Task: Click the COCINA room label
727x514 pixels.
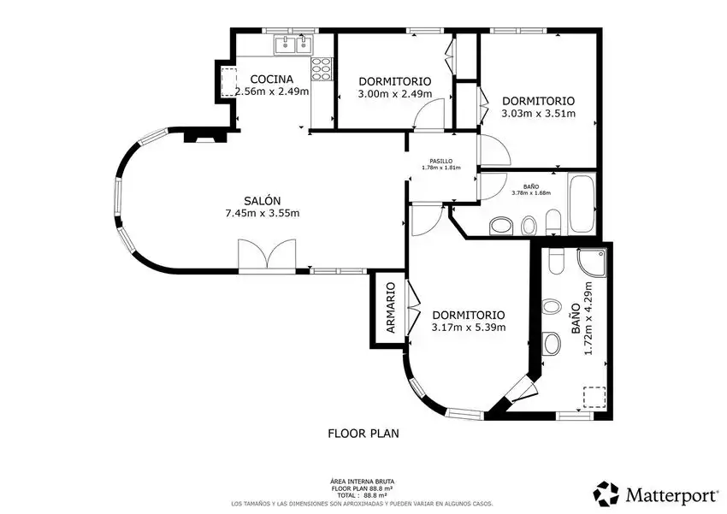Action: (x=272, y=80)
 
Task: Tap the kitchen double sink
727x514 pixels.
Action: (x=293, y=45)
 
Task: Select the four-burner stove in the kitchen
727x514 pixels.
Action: (x=322, y=68)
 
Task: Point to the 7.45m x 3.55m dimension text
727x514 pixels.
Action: (x=263, y=213)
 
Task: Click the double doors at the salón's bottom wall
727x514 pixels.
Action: (x=267, y=256)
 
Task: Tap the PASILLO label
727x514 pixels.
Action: (x=441, y=162)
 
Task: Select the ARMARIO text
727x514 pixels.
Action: (x=391, y=308)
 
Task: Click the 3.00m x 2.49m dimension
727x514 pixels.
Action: (x=395, y=94)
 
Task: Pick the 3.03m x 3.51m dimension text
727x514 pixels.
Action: (x=538, y=114)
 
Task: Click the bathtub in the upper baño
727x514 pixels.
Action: (x=582, y=204)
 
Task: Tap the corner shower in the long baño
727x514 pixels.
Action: (x=592, y=262)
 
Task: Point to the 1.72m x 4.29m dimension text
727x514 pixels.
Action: (x=588, y=318)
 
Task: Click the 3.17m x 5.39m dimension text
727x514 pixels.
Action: (x=469, y=328)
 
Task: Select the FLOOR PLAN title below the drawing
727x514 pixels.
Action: (x=363, y=434)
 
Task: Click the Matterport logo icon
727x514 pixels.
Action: (x=606, y=493)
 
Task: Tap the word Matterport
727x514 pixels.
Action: (x=671, y=495)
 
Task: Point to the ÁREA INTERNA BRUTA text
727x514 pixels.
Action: (x=362, y=482)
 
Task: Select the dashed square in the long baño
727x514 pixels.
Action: (x=594, y=398)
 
